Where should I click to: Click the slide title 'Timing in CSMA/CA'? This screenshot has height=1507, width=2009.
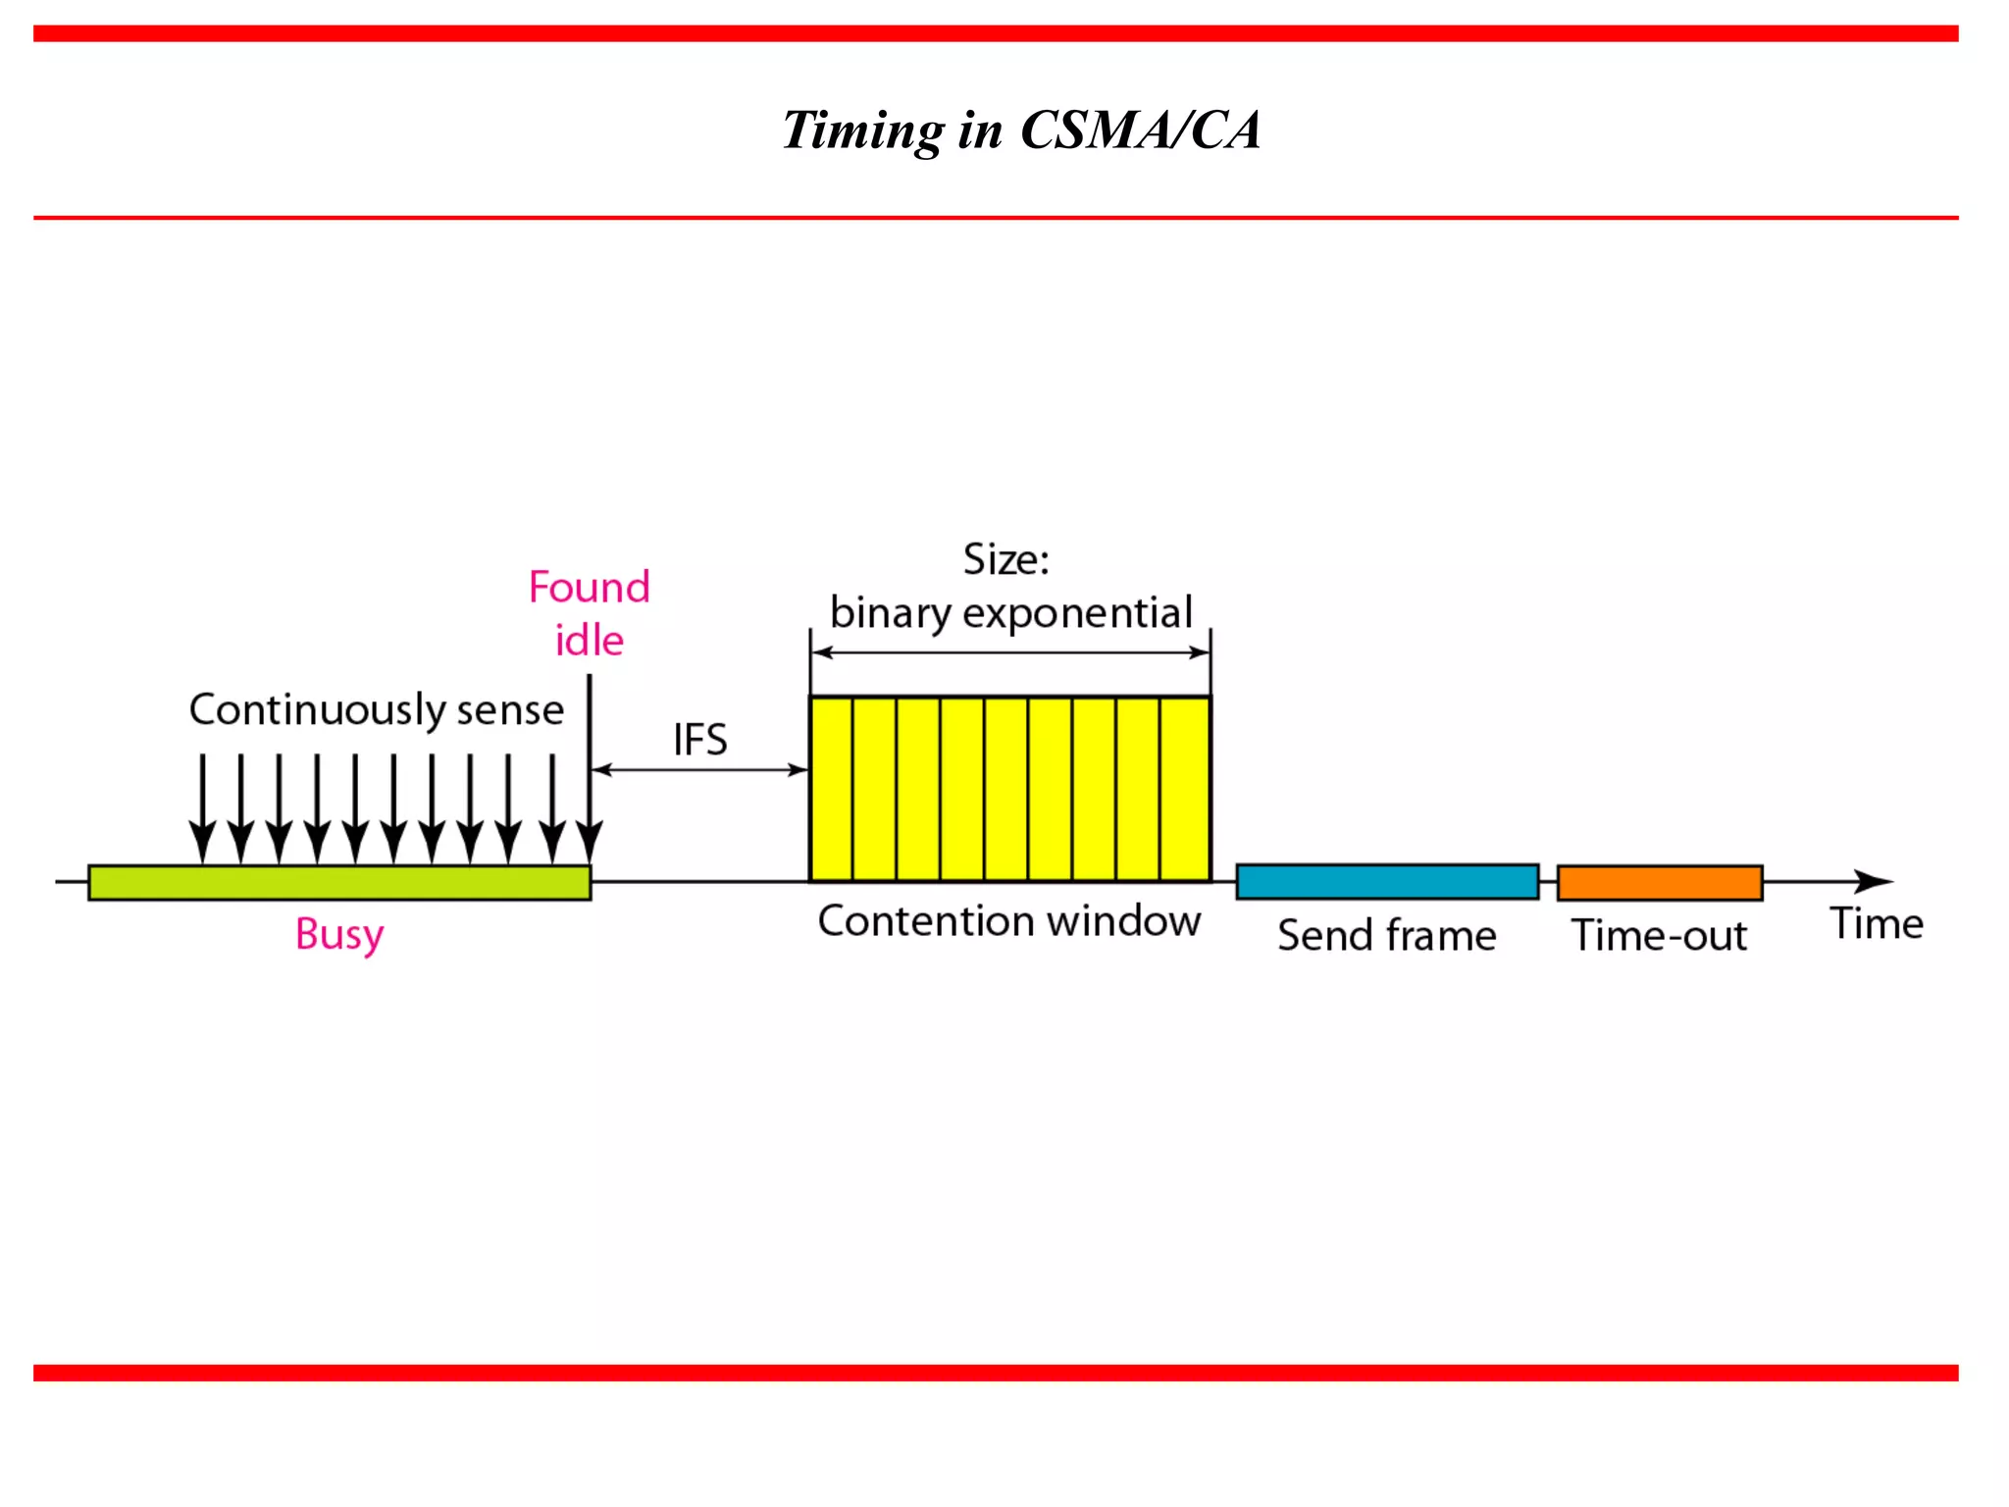coord(1020,130)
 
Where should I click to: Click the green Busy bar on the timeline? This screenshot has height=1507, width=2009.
coord(339,882)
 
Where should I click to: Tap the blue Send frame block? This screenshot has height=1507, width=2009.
coord(1387,881)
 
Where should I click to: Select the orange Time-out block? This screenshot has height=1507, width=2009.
coord(1660,882)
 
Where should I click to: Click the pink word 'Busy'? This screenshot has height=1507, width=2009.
coord(339,934)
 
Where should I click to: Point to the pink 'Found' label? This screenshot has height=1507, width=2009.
coord(589,587)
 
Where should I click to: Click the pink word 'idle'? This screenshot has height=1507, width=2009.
coord(589,641)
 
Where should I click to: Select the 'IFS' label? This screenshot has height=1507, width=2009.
coord(699,739)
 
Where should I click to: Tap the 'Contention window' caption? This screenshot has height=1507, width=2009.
coord(1009,921)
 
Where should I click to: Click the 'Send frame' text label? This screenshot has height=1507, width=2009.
coord(1386,935)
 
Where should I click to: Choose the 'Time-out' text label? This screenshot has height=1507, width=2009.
coord(1659,935)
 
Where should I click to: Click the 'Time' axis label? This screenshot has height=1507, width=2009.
coord(1876,923)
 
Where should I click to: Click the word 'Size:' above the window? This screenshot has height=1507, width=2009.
coord(1005,559)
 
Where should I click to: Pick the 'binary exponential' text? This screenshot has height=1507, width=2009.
coord(1010,613)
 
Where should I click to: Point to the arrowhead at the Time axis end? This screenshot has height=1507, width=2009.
coord(1876,881)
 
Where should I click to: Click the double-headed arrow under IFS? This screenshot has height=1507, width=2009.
coord(699,770)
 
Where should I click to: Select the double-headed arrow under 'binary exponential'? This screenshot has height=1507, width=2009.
coord(1010,652)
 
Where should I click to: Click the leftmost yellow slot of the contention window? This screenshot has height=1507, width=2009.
coord(831,789)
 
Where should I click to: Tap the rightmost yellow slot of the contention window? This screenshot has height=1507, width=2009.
coord(1185,789)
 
